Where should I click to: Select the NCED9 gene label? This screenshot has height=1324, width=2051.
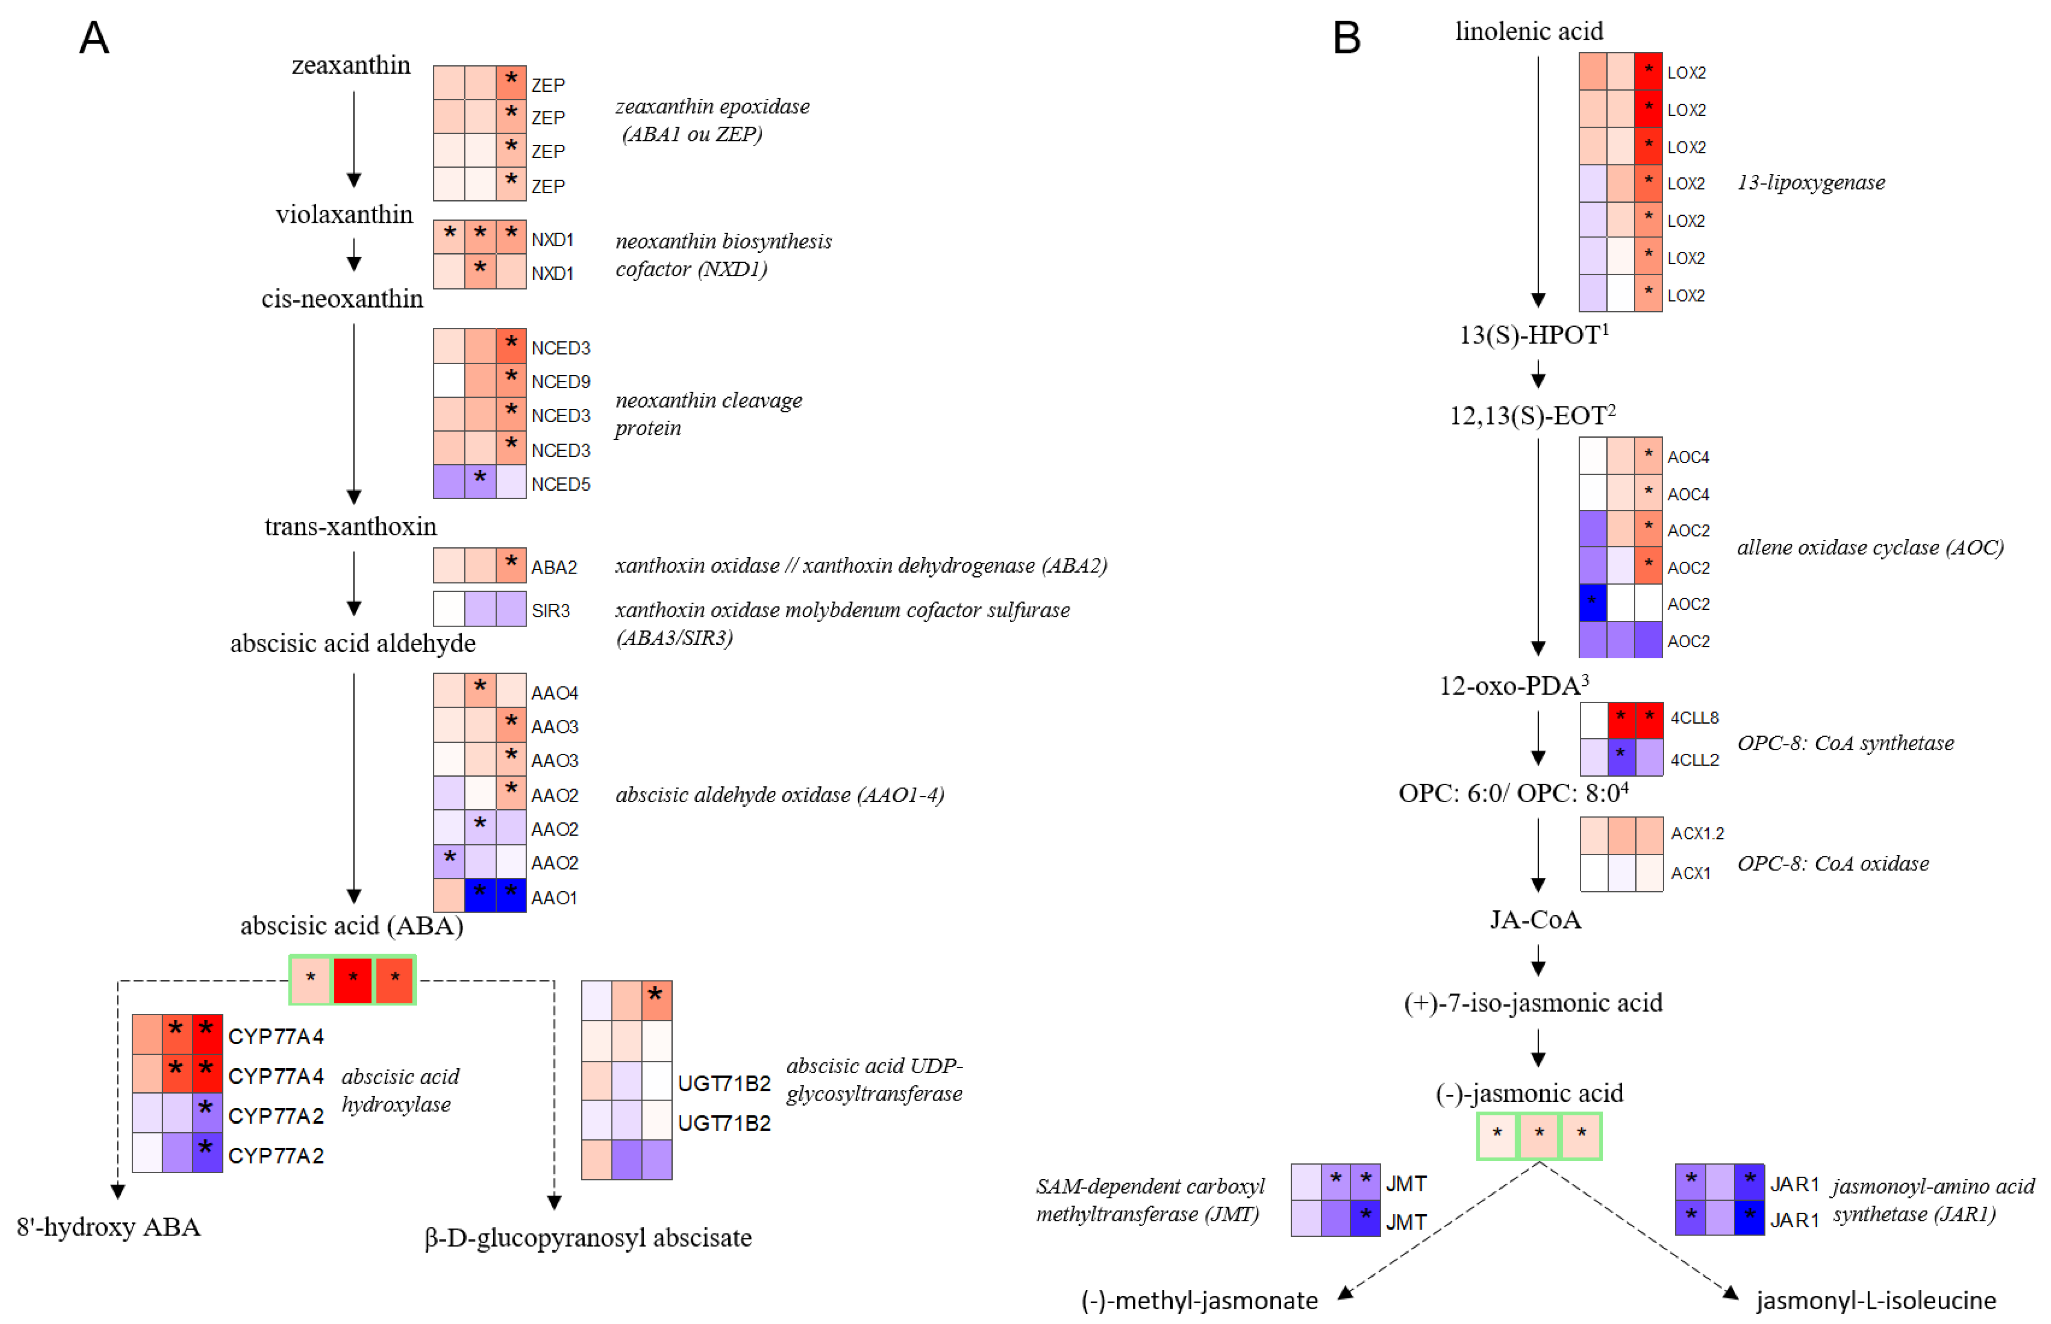tap(560, 382)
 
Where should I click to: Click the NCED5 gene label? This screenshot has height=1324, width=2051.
tap(560, 484)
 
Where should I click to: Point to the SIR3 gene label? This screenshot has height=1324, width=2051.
tap(550, 611)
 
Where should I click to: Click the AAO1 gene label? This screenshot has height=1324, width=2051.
tap(554, 898)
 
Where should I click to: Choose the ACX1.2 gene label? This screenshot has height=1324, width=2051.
tap(1697, 833)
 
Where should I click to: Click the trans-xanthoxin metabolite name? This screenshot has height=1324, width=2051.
tap(351, 526)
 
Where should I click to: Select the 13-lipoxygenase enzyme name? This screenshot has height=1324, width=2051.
tap(1810, 182)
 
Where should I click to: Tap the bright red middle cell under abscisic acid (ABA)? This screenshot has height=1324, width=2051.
tap(352, 979)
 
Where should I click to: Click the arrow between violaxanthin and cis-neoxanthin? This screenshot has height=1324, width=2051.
tap(353, 255)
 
